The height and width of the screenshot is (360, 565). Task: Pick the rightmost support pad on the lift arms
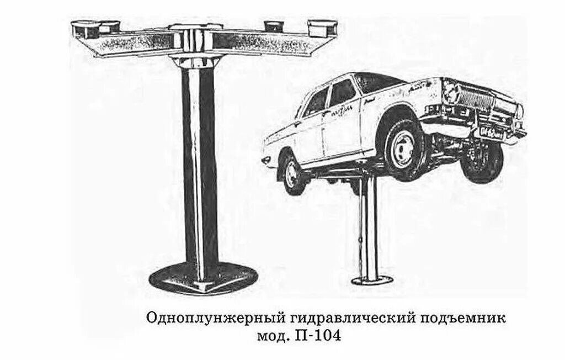[x=322, y=27]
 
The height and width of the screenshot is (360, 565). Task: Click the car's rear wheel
[x=292, y=173]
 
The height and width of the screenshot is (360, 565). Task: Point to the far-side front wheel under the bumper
[x=482, y=162]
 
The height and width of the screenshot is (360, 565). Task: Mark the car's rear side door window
[x=317, y=103]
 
